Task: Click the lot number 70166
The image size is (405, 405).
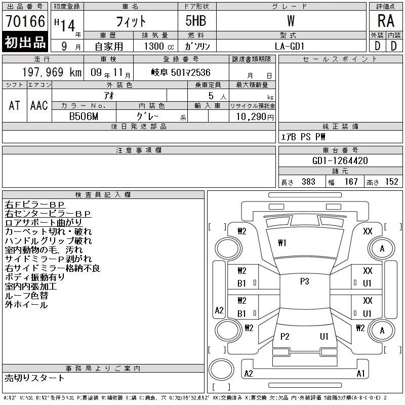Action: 25,21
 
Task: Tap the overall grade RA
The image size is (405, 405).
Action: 386,21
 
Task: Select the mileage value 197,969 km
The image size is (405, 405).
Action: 52,72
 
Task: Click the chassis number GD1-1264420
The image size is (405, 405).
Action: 340,160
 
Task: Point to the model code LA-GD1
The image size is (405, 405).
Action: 290,46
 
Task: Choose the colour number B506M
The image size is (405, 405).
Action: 84,116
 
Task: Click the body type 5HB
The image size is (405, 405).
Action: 196,21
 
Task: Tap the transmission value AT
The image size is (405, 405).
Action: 15,105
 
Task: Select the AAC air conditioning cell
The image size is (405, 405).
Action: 39,105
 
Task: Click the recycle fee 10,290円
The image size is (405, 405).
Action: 255,116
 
